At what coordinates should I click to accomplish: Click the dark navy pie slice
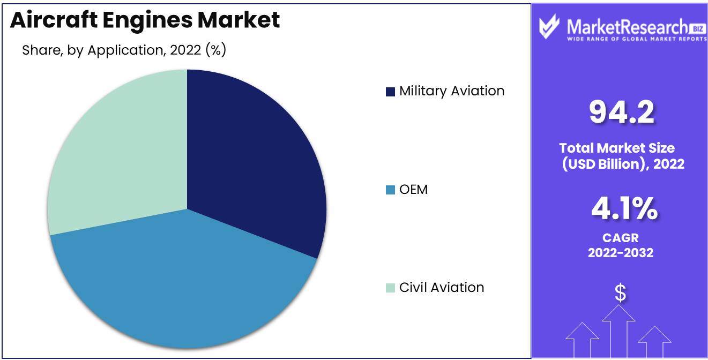point(252,161)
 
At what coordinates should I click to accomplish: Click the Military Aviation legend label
point(452,91)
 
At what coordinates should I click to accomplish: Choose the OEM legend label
point(413,189)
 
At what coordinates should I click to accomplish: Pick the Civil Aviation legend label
point(442,288)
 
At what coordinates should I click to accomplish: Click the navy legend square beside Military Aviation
point(390,92)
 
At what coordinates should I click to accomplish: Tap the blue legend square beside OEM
point(390,190)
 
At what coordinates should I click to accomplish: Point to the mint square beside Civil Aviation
point(390,288)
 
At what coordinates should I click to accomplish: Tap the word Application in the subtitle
point(124,51)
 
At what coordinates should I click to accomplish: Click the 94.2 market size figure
point(621,112)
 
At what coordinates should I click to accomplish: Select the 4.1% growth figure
point(624,209)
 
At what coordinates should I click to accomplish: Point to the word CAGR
point(620,237)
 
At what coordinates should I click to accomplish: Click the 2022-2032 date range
point(620,252)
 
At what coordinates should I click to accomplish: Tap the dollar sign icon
point(620,292)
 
